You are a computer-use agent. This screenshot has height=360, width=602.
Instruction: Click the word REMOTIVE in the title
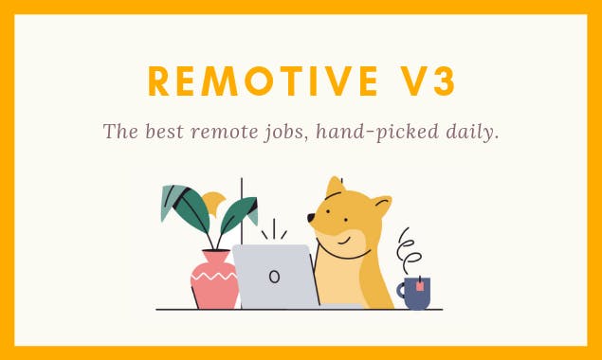pos(255,82)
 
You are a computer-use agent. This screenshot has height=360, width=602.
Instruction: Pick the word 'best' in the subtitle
pos(165,132)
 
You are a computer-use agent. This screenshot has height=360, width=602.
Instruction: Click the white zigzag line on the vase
pos(214,278)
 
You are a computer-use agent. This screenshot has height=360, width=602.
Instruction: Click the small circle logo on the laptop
pos(274,277)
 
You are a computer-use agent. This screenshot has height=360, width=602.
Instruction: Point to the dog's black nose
pos(311,218)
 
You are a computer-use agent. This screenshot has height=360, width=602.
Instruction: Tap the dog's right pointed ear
pos(380,205)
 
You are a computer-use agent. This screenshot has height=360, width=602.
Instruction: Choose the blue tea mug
pos(417,293)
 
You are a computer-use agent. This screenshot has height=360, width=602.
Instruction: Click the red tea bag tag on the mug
pos(419,285)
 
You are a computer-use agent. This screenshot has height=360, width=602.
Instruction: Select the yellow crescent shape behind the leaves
pos(215,203)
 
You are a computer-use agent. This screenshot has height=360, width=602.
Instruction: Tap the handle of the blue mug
pos(402,294)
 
